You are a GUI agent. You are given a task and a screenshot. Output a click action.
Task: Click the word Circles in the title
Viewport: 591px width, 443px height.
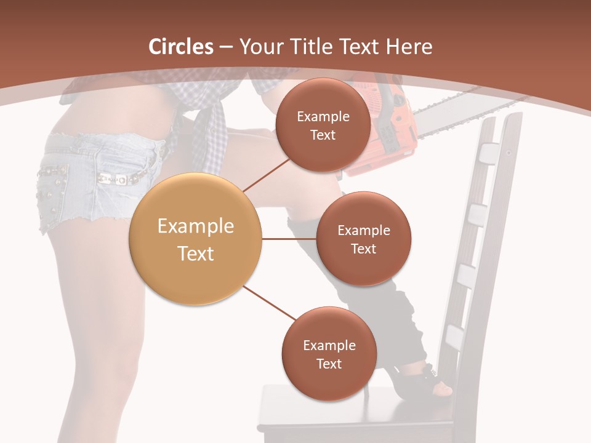click(181, 47)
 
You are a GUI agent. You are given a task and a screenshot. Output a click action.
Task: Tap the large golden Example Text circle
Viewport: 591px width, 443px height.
click(195, 239)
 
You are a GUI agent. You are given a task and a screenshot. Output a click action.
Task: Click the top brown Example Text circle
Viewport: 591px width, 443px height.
click(323, 125)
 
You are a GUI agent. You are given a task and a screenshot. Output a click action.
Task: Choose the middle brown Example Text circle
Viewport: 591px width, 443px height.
click(363, 239)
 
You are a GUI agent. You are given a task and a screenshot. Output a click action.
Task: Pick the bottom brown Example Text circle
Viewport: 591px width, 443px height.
click(329, 354)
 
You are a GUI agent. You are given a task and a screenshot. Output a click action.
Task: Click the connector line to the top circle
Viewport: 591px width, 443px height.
click(266, 175)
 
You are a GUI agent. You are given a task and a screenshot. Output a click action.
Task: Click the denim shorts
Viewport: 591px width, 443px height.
click(92, 178)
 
